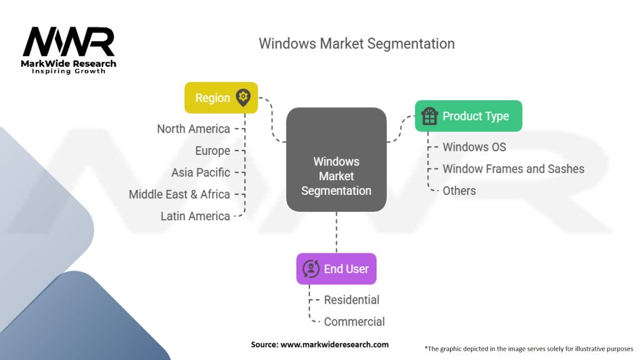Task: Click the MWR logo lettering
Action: pos(69,41)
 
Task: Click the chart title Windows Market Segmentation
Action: pos(357,44)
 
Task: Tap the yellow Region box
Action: pos(221,97)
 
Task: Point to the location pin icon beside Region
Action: pos(243,97)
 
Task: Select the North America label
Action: pos(194,129)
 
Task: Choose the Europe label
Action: pos(212,151)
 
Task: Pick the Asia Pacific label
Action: pos(201,172)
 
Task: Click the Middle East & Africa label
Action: pos(179,194)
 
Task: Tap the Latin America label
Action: pos(196,216)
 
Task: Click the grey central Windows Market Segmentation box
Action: pos(336,159)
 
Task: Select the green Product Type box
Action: pos(469,116)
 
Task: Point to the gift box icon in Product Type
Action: pos(429,116)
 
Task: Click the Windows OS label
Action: pos(474,147)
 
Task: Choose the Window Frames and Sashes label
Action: pos(514,169)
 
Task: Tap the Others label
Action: pos(459,191)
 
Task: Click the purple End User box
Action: pos(336,269)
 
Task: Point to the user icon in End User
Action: pos(311,269)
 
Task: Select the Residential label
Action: pos(352,300)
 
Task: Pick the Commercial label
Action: pos(354,322)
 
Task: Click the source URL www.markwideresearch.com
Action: pos(335,344)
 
